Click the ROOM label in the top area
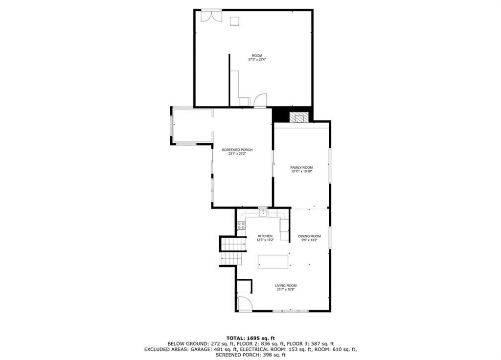[x=257, y=56]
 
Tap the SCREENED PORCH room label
[x=237, y=150]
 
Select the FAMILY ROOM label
[x=301, y=167]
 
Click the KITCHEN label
[x=265, y=236]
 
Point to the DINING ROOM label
[x=309, y=236]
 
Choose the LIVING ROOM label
[x=286, y=286]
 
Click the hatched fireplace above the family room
[x=299, y=117]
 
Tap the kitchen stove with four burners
[x=241, y=225]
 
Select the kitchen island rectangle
[x=273, y=261]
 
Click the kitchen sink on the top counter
[x=263, y=213]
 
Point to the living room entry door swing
[x=245, y=303]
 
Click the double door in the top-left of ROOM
[x=211, y=16]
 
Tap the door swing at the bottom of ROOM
[x=260, y=100]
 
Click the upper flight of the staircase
[x=233, y=245]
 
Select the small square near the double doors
[x=235, y=21]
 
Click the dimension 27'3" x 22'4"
[x=257, y=59]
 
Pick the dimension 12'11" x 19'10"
[x=301, y=171]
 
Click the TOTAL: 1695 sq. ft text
[x=250, y=338]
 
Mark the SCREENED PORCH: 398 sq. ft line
[x=250, y=355]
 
